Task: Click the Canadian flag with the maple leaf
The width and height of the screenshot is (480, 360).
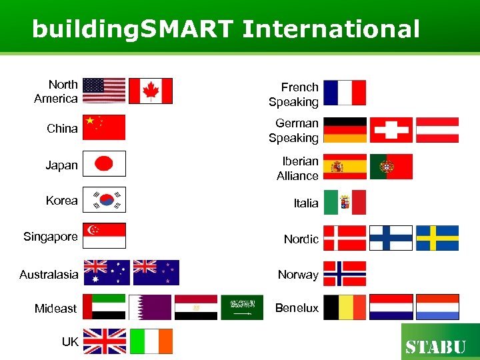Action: (x=150, y=91)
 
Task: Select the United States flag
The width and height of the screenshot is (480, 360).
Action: (x=104, y=91)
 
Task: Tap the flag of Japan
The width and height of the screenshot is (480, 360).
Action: (x=104, y=164)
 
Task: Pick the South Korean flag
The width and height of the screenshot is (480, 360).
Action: (x=104, y=200)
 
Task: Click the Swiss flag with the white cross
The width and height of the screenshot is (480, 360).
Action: (x=391, y=130)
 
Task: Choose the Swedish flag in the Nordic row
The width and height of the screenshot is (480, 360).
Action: (x=437, y=238)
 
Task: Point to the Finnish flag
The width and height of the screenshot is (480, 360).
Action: (x=391, y=238)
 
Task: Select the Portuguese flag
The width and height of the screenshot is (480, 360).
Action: (x=391, y=167)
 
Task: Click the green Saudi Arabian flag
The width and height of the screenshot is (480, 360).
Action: (x=242, y=307)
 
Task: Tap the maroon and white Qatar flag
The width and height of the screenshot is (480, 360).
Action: (x=150, y=307)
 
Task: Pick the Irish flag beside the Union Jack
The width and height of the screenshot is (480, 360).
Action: (x=151, y=341)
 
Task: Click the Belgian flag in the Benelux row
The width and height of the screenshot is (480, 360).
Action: (x=345, y=307)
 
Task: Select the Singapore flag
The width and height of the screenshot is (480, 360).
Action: (x=104, y=235)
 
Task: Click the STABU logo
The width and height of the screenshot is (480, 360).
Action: (x=440, y=343)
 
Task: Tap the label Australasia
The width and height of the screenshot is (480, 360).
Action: (x=49, y=275)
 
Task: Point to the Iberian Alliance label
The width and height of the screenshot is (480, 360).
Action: (x=298, y=169)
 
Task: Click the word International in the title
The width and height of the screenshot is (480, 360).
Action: (x=331, y=29)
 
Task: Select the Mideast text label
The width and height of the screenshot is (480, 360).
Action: (x=56, y=309)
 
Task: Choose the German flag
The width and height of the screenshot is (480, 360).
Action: (x=345, y=130)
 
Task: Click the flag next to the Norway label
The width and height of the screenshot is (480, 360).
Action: (x=345, y=273)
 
